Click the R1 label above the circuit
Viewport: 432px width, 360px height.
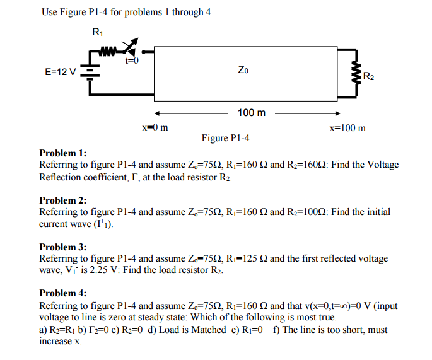click(98, 32)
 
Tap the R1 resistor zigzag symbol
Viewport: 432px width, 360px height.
click(107, 49)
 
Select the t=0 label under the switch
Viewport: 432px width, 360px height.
click(131, 61)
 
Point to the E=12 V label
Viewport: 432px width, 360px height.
click(61, 71)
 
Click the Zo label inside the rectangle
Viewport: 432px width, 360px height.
click(243, 71)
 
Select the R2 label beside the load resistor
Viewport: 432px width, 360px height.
click(369, 77)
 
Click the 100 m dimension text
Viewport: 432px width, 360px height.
click(252, 113)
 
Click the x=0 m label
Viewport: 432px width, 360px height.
click(155, 128)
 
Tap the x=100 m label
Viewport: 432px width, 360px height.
click(347, 128)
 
